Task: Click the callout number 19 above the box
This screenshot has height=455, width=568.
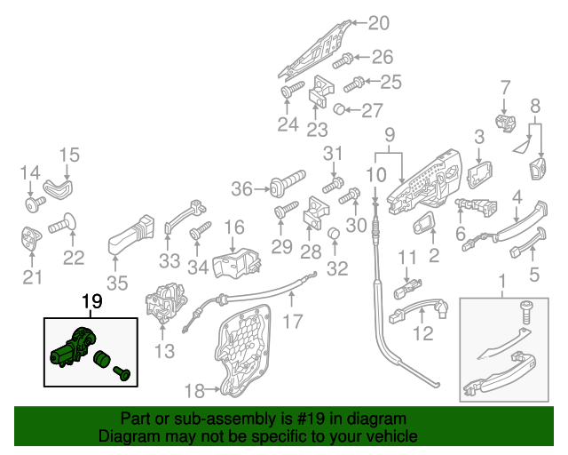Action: tap(92, 303)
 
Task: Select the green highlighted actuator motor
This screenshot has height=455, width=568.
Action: tap(75, 347)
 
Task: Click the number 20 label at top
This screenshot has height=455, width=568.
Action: tap(378, 23)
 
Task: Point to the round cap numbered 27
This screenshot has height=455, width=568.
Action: tap(339, 110)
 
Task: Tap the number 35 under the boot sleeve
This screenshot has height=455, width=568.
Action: tap(116, 284)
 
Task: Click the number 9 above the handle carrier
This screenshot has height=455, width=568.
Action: tap(388, 136)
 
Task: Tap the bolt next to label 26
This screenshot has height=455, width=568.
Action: tap(344, 60)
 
